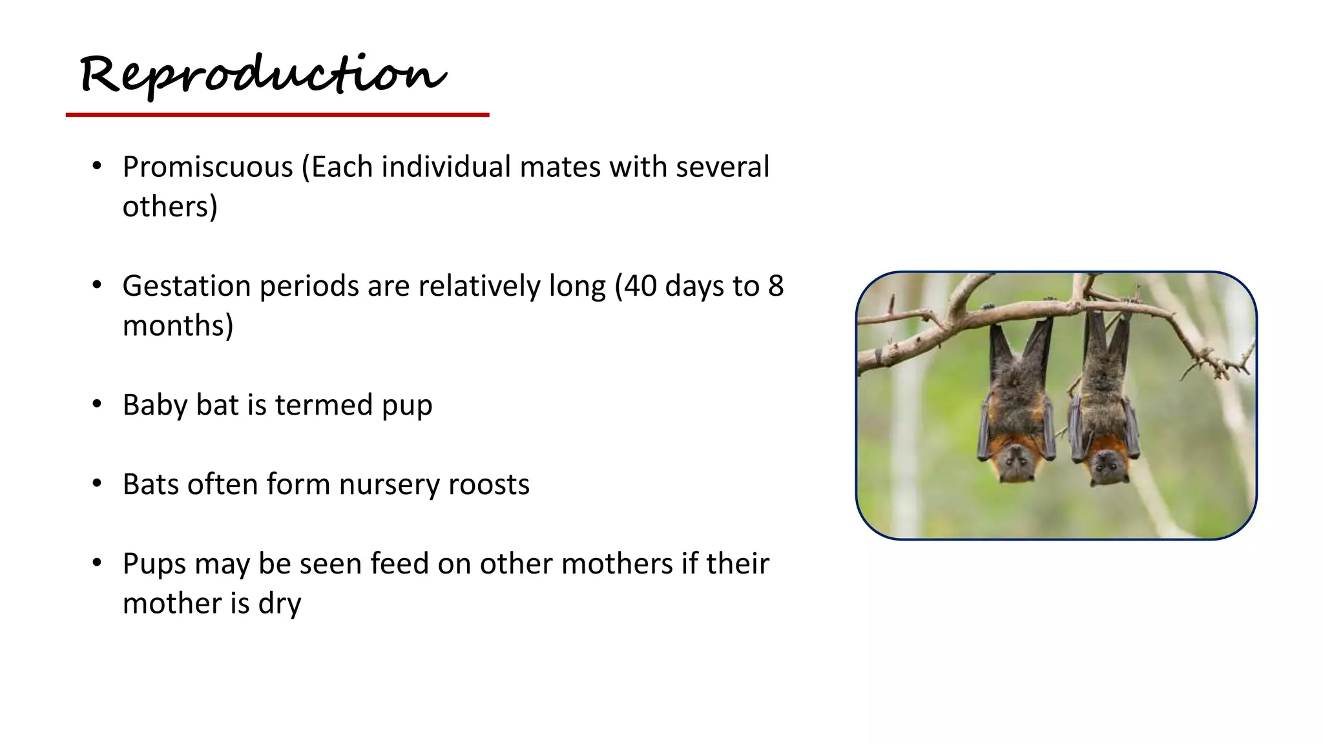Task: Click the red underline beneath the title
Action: [x=277, y=115]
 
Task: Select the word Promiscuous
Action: [x=208, y=167]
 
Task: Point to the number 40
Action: [x=640, y=286]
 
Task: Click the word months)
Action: [x=178, y=325]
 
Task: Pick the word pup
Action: [x=407, y=406]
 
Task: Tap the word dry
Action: [x=280, y=604]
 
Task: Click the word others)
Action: [x=170, y=207]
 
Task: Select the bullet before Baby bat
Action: [x=97, y=405]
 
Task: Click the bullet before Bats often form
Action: [x=97, y=484]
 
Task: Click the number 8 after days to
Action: [x=775, y=286]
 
